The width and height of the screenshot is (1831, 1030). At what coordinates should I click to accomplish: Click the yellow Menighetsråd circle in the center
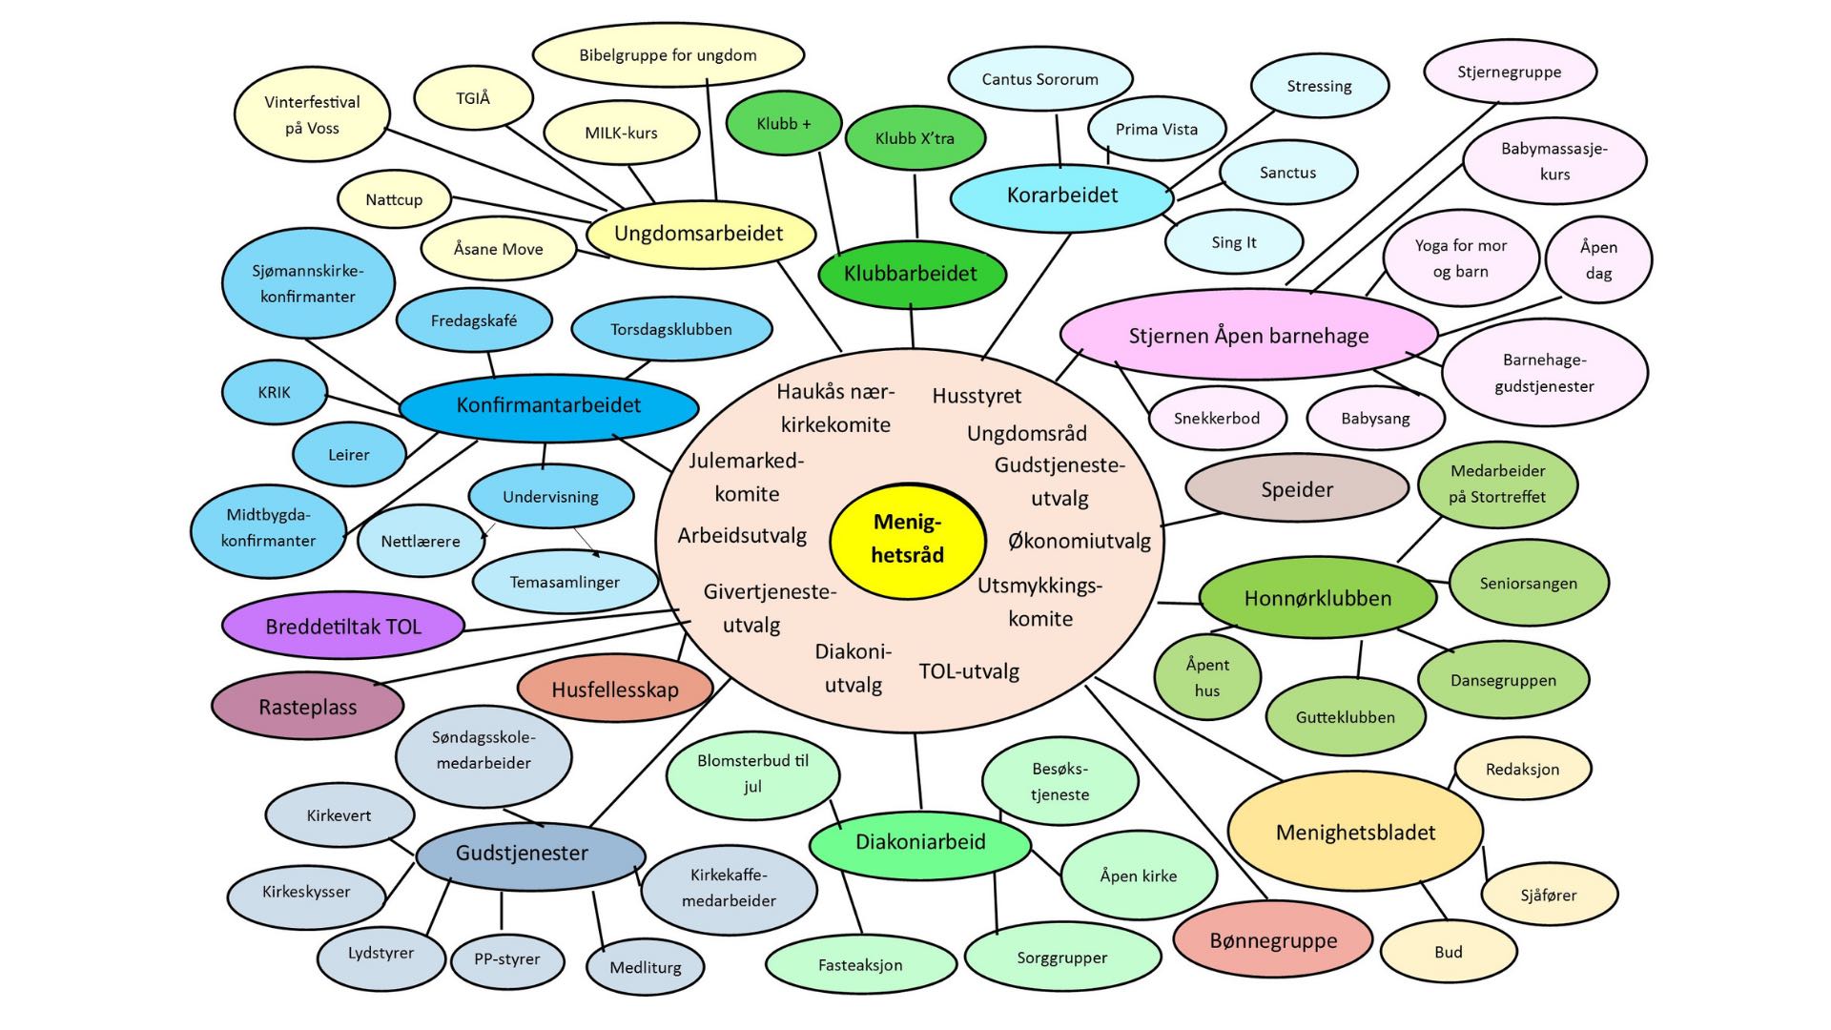coord(907,540)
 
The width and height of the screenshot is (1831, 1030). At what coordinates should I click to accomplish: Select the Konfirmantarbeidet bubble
coord(548,405)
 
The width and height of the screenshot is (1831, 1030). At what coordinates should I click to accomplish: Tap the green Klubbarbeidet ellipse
coord(911,275)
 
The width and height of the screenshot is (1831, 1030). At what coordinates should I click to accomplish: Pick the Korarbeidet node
coord(1061,196)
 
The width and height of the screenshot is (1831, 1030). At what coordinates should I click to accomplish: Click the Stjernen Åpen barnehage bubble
coord(1247,336)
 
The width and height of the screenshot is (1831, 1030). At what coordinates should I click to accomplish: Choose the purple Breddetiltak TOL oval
coord(343,627)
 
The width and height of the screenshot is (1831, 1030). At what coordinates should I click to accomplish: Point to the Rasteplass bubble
coord(307,707)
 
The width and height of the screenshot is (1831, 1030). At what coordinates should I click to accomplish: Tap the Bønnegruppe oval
coord(1272,940)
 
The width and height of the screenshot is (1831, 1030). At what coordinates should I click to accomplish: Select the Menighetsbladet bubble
coord(1354,832)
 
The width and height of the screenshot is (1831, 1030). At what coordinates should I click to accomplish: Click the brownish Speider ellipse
coord(1296,489)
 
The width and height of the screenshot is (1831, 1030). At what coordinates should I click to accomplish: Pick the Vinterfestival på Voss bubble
coord(312,114)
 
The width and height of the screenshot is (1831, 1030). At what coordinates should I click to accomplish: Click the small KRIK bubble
coord(274,392)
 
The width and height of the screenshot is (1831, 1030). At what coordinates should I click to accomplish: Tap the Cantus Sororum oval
coord(1039,80)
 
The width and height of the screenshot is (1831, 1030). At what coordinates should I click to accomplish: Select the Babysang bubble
coord(1374,418)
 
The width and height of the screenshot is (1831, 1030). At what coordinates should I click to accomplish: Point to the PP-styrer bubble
coord(506,959)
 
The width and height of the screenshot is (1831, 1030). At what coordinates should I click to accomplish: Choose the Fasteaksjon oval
coord(859,965)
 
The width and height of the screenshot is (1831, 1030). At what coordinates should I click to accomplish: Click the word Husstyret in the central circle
coord(977,396)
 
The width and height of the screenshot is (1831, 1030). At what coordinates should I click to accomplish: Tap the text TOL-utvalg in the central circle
coord(969,671)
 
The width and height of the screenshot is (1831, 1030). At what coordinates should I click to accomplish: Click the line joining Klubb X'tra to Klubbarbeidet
coord(915,205)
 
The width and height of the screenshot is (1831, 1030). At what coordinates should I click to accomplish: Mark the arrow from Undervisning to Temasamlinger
coord(586,541)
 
